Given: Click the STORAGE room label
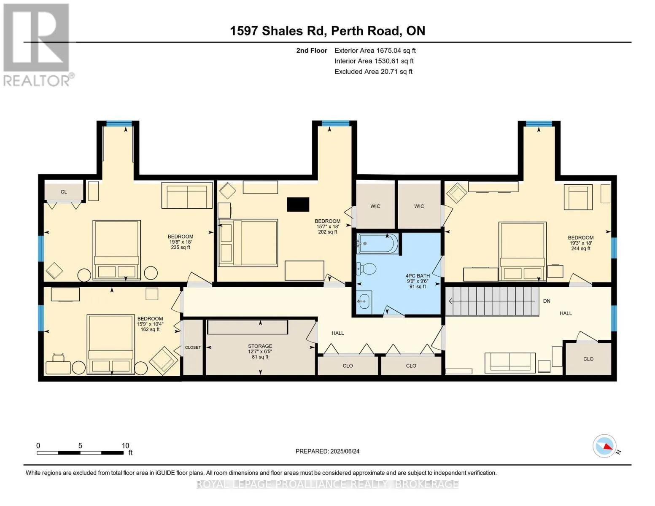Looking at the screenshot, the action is pyautogui.click(x=260, y=346).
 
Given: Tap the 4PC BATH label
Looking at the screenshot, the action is pyautogui.click(x=418, y=275).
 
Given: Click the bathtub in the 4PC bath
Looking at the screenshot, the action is pyautogui.click(x=377, y=243).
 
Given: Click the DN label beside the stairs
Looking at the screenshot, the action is pyautogui.click(x=547, y=301).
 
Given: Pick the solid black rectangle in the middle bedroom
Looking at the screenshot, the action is pyautogui.click(x=298, y=205).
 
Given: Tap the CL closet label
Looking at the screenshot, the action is pyautogui.click(x=64, y=192).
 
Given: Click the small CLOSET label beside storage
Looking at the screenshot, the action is pyautogui.click(x=193, y=347).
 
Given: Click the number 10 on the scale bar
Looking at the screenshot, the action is pyautogui.click(x=125, y=445).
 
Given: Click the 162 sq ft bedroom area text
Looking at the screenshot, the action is pyautogui.click(x=150, y=329).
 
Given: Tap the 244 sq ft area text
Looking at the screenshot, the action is pyautogui.click(x=580, y=248).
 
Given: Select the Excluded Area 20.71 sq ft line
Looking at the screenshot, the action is pyautogui.click(x=373, y=72).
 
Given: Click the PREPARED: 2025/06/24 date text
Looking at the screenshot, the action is pyautogui.click(x=327, y=451).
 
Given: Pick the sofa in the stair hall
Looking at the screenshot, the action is pyautogui.click(x=510, y=363).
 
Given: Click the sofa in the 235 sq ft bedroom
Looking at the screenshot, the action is pyautogui.click(x=187, y=195).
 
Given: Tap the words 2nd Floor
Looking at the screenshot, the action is pyautogui.click(x=311, y=50).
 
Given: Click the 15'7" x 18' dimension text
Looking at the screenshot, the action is pyautogui.click(x=327, y=226).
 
